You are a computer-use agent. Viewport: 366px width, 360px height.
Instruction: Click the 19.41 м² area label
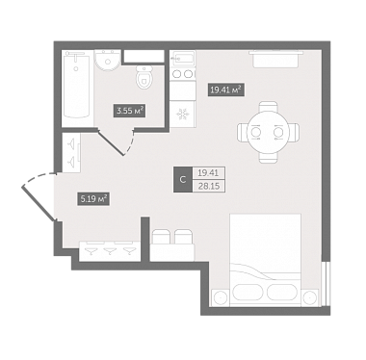click(x=226, y=90)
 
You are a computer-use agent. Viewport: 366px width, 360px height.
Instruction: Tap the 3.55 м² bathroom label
click(x=130, y=111)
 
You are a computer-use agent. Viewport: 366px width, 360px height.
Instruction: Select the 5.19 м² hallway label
click(x=93, y=199)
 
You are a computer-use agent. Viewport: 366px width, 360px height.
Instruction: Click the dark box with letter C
click(x=183, y=180)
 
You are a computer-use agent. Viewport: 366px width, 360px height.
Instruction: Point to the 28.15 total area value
click(x=209, y=186)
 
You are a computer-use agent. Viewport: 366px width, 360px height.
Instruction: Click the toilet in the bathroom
click(x=144, y=77)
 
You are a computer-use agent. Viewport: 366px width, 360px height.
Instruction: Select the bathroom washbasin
click(x=108, y=60)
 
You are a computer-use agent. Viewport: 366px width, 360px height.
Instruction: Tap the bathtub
click(x=76, y=85)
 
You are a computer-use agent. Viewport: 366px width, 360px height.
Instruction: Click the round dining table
click(x=268, y=132)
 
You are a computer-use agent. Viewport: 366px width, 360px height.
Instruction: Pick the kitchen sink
click(x=182, y=59)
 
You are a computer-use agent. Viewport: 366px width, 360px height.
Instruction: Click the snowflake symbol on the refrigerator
click(x=183, y=115)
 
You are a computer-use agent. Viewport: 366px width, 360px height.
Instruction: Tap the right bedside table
click(x=310, y=297)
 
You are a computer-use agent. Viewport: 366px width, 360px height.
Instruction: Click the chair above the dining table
click(x=268, y=107)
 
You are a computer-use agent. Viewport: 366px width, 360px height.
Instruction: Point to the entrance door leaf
click(x=39, y=203)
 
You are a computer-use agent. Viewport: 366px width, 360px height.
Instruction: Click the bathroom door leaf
click(x=111, y=142)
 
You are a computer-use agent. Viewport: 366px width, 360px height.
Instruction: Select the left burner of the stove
click(x=176, y=74)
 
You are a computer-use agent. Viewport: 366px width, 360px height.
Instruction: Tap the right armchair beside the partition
click(x=183, y=238)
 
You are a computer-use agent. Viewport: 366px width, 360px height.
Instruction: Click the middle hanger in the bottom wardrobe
click(x=110, y=250)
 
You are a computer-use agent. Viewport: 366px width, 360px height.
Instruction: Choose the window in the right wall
click(x=326, y=284)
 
